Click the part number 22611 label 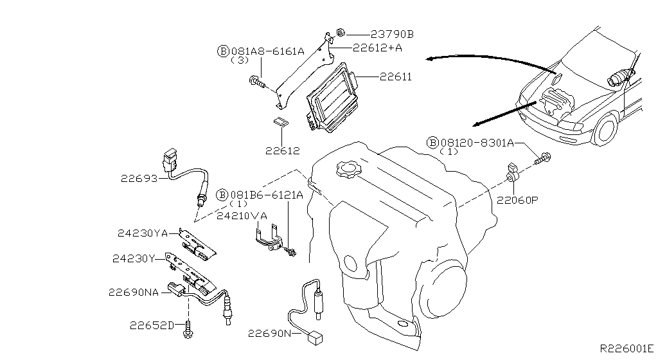395,76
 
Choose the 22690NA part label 133,292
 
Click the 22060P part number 517,199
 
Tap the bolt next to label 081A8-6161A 256,82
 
